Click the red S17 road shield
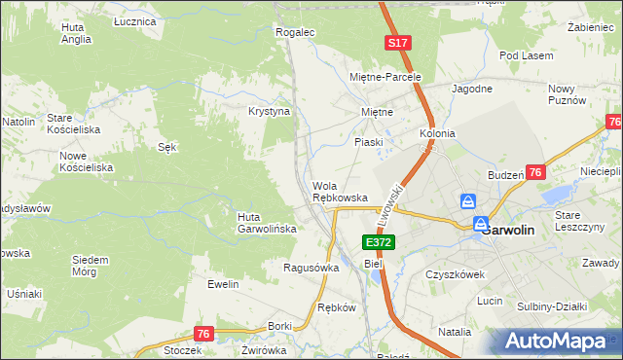pos(396,43)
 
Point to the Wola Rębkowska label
pos(340,192)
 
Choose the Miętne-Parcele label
pos(385,76)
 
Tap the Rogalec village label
pos(296,32)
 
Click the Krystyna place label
pos(270,112)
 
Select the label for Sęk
pos(166,147)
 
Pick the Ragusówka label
pos(311,267)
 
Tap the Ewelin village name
pos(223,284)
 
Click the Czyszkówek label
pos(455,274)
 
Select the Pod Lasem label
pos(526,55)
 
